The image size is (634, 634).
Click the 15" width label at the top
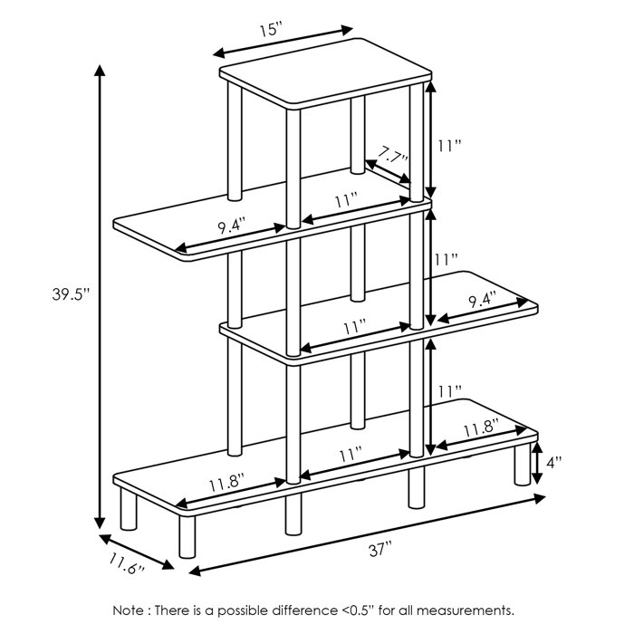270,29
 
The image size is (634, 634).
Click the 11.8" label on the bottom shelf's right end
481,429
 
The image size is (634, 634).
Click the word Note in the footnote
129,610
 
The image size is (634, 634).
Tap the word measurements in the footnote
471,610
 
